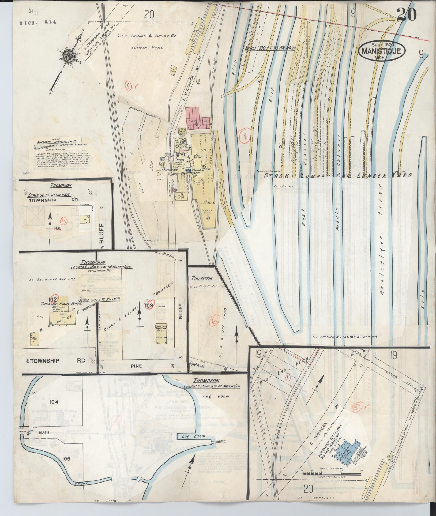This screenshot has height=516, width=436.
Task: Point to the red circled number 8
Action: [245, 136]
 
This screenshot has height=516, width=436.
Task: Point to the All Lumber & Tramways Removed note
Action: [344, 337]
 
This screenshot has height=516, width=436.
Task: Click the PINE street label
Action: [138, 365]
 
